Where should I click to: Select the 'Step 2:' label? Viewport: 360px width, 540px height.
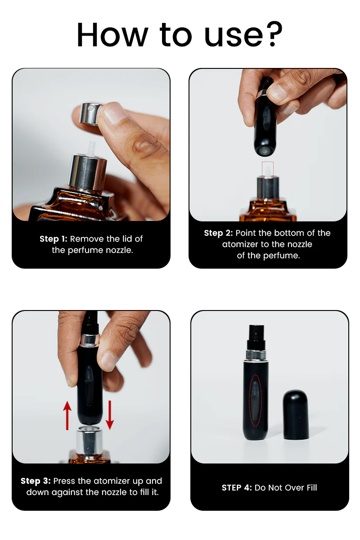(218, 233)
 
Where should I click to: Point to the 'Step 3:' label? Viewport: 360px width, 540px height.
(36, 481)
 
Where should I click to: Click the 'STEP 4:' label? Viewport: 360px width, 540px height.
(237, 488)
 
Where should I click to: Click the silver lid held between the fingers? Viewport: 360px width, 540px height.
(90, 113)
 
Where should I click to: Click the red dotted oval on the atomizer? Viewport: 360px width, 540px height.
(255, 400)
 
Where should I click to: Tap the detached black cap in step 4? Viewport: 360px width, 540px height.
(296, 414)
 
